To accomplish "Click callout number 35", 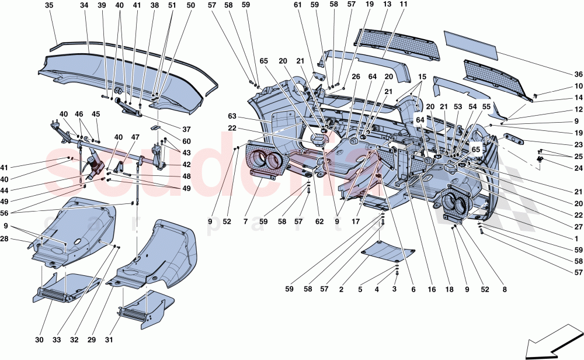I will pos(48,6).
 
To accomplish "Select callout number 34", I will pos(84,6).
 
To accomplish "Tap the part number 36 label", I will pos(578,74).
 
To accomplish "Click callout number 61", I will pos(298,5).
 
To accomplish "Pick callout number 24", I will pos(578,169).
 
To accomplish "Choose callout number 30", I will pos(39,340).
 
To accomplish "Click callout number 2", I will pos(358,288).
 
